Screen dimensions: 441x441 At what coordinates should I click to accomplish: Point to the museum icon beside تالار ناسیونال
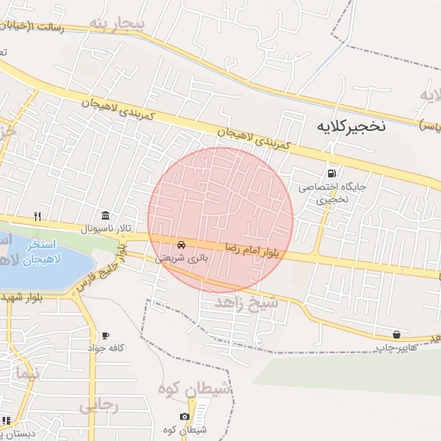click(105, 215)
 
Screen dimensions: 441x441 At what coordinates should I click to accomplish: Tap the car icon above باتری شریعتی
click(181, 244)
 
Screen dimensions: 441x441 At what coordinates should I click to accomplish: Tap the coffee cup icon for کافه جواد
click(105, 334)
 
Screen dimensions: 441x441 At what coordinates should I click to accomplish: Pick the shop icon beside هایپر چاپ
click(396, 334)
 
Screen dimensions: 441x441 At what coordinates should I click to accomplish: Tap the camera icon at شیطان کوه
click(184, 417)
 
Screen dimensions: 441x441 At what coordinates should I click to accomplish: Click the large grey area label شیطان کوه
click(194, 390)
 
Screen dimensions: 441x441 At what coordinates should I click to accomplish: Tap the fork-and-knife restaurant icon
click(36, 215)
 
